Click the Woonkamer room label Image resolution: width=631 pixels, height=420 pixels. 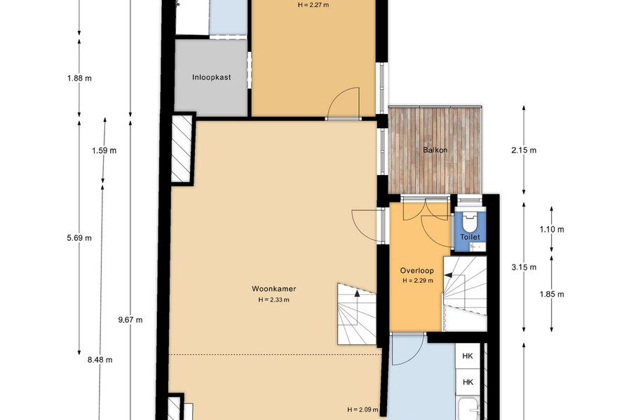[274, 288]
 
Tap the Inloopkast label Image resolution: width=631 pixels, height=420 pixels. [212, 77]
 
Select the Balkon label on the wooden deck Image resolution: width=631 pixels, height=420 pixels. [435, 150]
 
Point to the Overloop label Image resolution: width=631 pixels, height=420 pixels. [417, 270]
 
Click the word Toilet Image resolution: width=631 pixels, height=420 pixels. [470, 237]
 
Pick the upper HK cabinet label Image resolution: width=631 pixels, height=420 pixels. [468, 356]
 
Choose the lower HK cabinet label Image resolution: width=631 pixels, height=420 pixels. [468, 381]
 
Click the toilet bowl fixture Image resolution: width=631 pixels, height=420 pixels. [470, 222]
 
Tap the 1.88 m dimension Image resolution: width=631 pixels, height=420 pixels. [79, 78]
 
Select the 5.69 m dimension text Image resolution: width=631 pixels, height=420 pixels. [79, 238]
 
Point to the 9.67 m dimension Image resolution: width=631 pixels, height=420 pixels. [130, 320]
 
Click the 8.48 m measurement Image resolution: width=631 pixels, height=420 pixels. [100, 360]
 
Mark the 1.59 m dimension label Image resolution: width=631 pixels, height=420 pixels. [104, 150]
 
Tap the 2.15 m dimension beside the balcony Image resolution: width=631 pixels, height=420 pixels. [524, 150]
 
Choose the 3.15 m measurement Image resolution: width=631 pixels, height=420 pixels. [524, 267]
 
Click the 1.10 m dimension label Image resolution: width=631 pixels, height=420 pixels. [552, 230]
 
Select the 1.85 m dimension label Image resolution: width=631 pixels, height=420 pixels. [552, 294]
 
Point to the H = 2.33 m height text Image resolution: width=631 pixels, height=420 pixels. [274, 300]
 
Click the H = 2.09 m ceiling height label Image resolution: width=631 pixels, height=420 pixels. [362, 409]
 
